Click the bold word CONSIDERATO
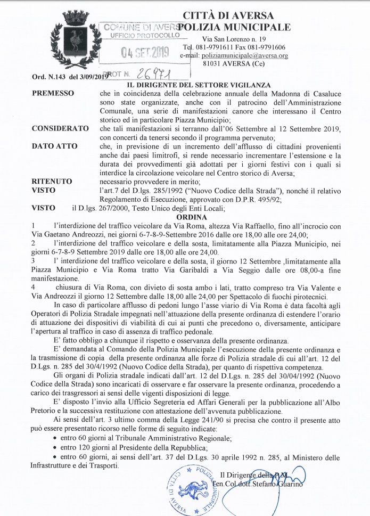pyautogui.click(x=60, y=129)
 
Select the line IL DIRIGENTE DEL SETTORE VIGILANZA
pyautogui.click(x=198, y=85)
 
